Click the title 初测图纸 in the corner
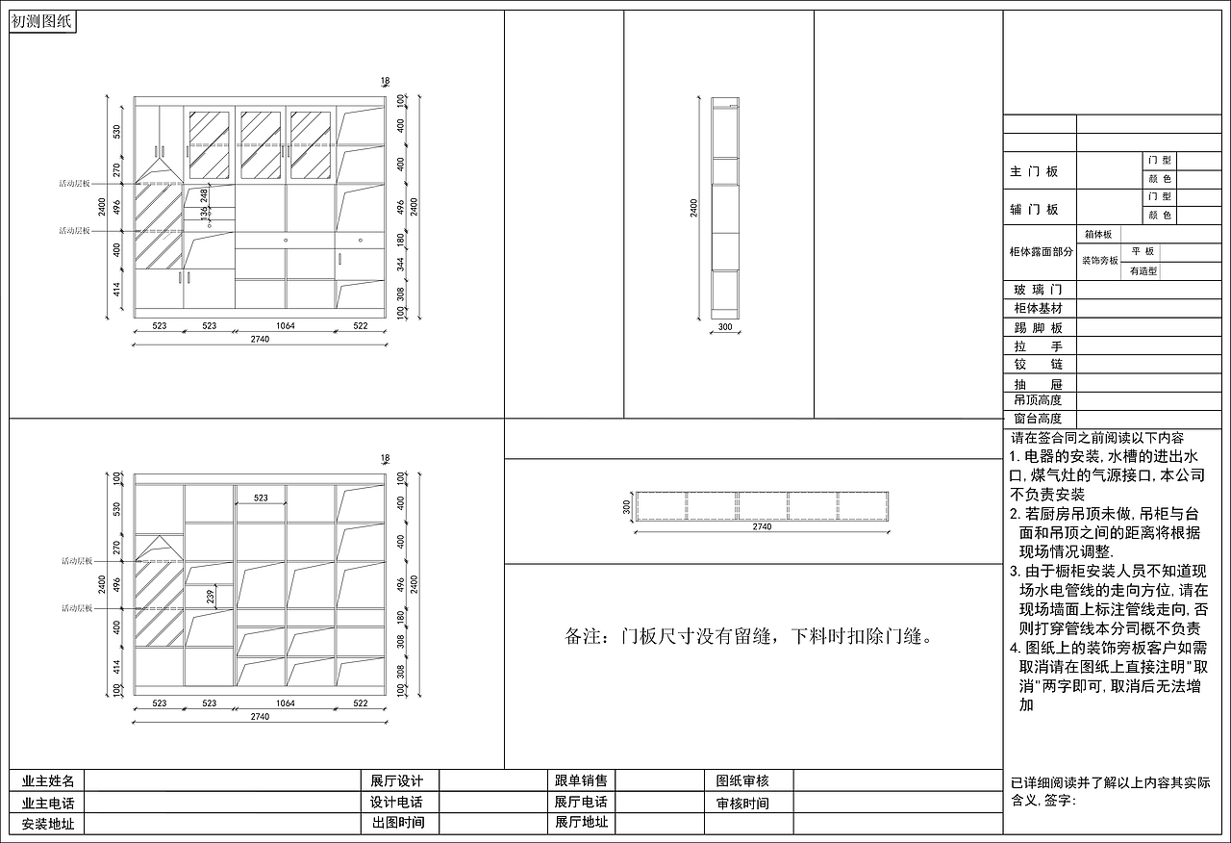pyautogui.click(x=42, y=21)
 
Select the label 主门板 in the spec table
pyautogui.click(x=1034, y=172)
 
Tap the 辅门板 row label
pyautogui.click(x=1034, y=210)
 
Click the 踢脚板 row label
pyautogui.click(x=1038, y=328)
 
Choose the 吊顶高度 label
pyautogui.click(x=1038, y=400)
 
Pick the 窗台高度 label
pyautogui.click(x=1038, y=419)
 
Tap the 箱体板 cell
pyautogui.click(x=1097, y=234)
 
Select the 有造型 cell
pyautogui.click(x=1143, y=271)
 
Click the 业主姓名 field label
pyautogui.click(x=48, y=780)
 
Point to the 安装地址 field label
pyautogui.click(x=48, y=824)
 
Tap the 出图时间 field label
pyautogui.click(x=397, y=823)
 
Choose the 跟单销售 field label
pyautogui.click(x=581, y=780)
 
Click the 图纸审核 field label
pyautogui.click(x=742, y=780)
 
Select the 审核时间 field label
pyautogui.click(x=742, y=803)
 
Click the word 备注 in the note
pyautogui.click(x=584, y=637)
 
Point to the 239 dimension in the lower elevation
pyautogui.click(x=211, y=598)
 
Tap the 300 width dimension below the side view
pyautogui.click(x=725, y=327)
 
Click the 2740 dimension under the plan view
pyautogui.click(x=762, y=527)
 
